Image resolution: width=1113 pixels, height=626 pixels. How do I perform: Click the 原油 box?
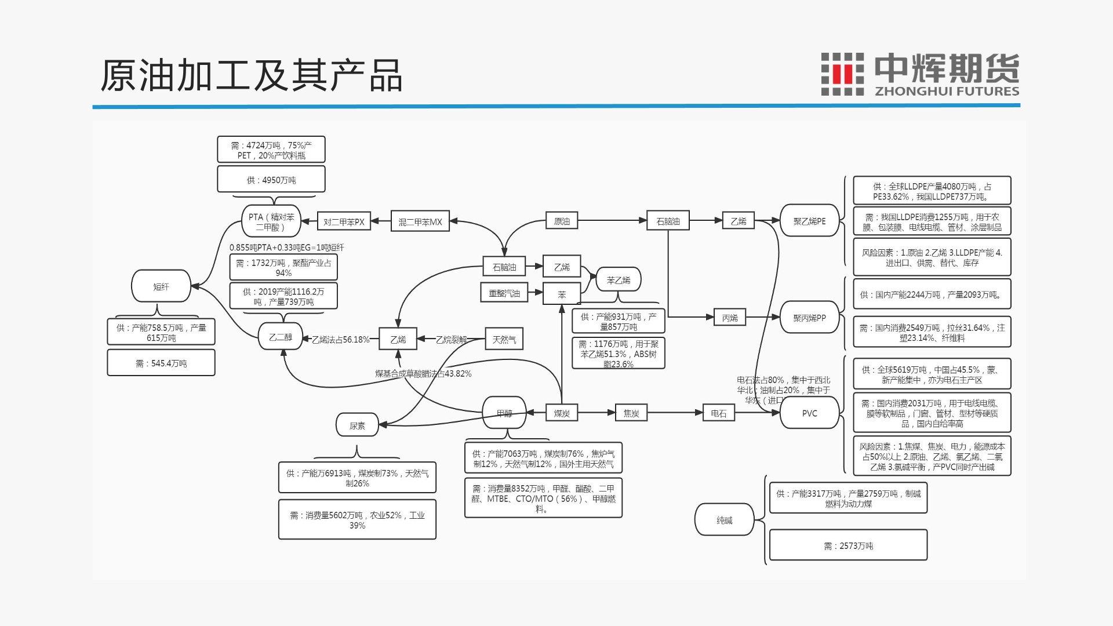coord(561,221)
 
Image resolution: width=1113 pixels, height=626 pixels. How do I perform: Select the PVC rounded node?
coord(809,413)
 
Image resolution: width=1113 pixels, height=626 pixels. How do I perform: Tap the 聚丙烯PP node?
coord(809,317)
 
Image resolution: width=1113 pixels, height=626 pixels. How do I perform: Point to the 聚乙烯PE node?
coord(809,221)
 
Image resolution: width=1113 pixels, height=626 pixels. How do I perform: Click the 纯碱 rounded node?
coord(724,520)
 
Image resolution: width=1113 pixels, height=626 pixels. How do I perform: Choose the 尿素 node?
coord(357,425)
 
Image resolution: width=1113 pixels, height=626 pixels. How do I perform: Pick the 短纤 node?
coord(161,286)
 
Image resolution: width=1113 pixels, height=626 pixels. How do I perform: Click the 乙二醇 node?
coord(281,337)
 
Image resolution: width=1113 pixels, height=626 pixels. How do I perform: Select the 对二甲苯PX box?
coord(344,221)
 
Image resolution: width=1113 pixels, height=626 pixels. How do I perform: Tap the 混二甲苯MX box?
coord(420,221)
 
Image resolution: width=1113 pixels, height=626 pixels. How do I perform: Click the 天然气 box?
coord(504,339)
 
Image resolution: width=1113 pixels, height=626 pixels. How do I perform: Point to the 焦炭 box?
coord(631,413)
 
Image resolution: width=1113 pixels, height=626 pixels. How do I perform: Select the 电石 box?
coord(718,413)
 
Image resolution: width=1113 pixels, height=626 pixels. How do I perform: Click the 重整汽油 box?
coord(504,293)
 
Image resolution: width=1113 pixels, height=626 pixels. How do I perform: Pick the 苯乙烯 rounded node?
coord(619,280)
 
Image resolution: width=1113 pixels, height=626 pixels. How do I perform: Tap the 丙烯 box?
coord(730,317)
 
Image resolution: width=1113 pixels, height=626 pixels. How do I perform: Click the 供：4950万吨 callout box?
coord(271,180)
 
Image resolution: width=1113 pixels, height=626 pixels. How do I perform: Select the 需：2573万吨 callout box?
coord(848,545)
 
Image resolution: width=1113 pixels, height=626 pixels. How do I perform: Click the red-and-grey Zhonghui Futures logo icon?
coord(842,74)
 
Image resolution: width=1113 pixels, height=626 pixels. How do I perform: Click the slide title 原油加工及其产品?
coord(251,75)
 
